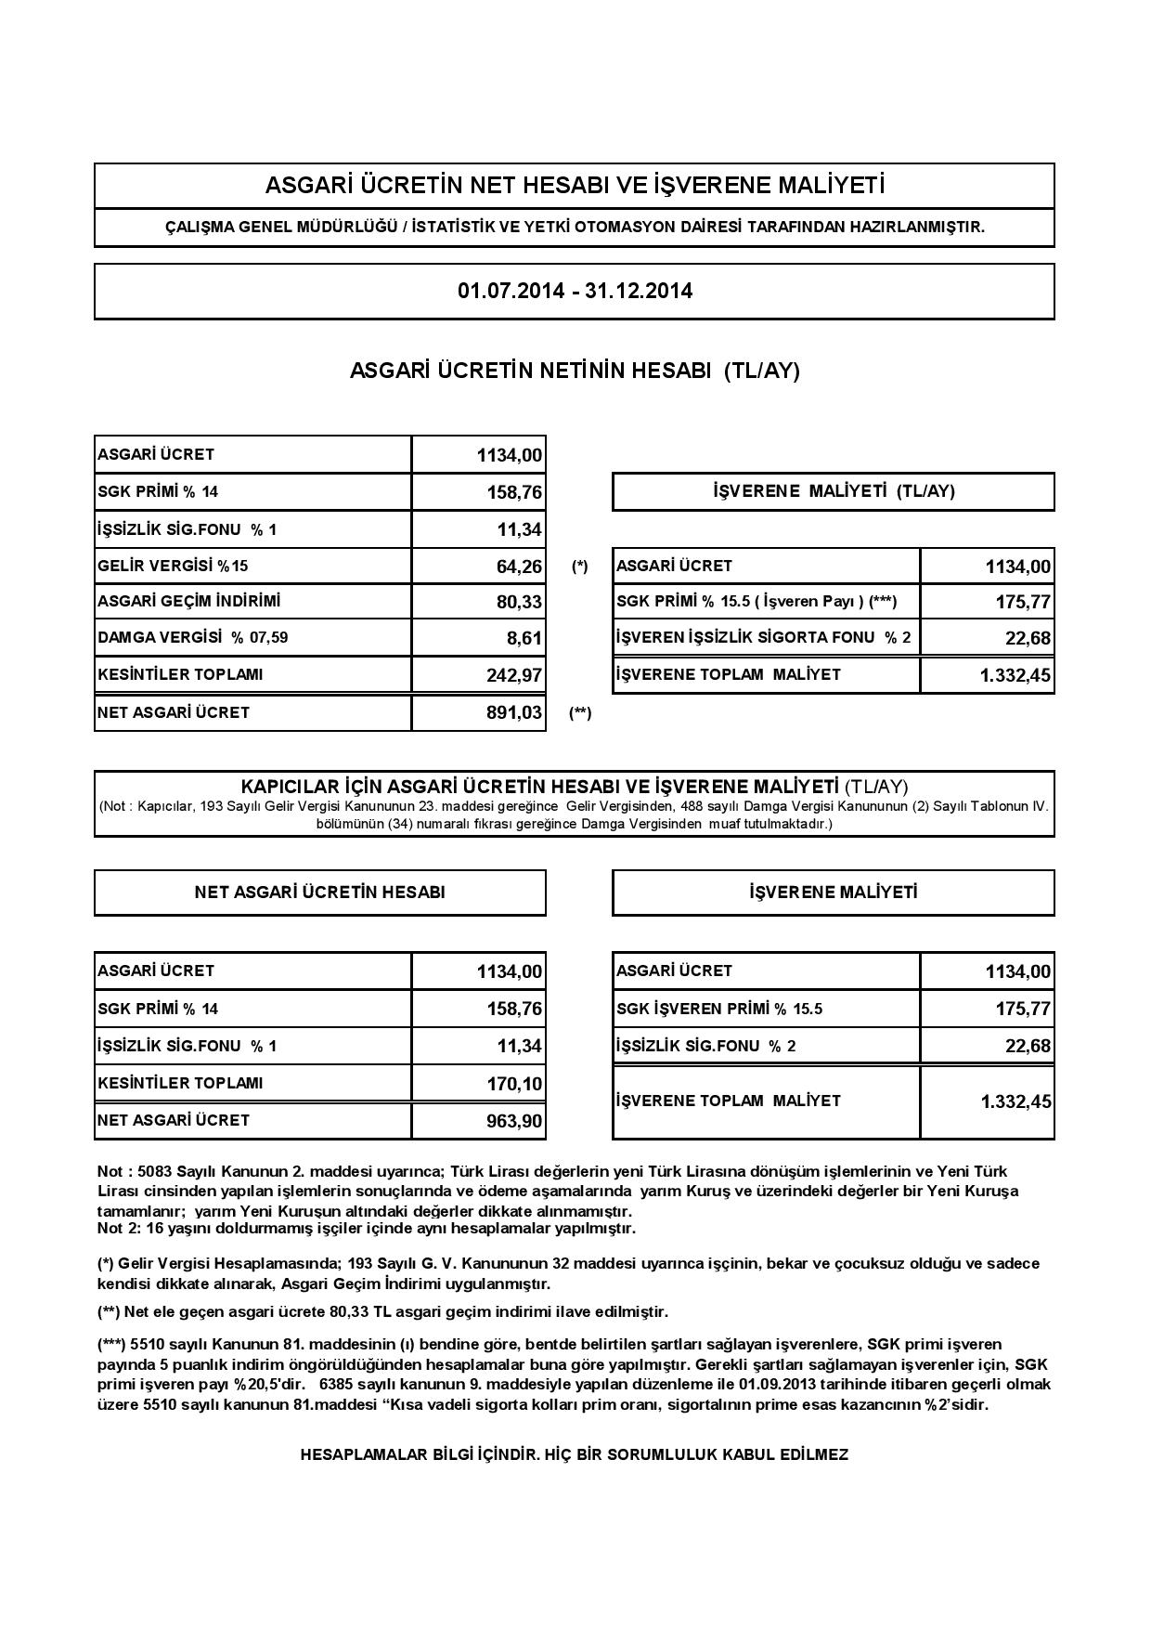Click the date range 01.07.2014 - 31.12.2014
click(x=575, y=291)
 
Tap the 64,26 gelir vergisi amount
click(x=519, y=567)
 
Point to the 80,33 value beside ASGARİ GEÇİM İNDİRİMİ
click(x=519, y=602)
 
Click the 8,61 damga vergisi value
click(x=524, y=639)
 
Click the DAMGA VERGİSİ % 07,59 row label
click(x=200, y=638)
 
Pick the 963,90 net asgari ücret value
click(x=514, y=1121)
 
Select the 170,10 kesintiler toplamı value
click(x=514, y=1084)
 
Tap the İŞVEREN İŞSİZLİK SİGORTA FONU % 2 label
click(x=763, y=638)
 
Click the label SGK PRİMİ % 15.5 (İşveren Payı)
click(x=757, y=602)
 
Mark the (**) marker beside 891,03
click(x=580, y=713)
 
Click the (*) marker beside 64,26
click(x=580, y=567)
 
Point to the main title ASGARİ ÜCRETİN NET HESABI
click(x=575, y=186)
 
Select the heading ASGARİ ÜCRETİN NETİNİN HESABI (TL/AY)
click(x=575, y=371)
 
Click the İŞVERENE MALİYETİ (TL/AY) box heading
click(x=833, y=491)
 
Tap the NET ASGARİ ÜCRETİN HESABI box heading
click(x=319, y=893)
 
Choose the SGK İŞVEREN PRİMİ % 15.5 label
click(x=719, y=1010)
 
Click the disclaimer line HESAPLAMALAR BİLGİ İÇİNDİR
click(x=575, y=1454)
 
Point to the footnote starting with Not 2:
click(x=367, y=1229)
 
